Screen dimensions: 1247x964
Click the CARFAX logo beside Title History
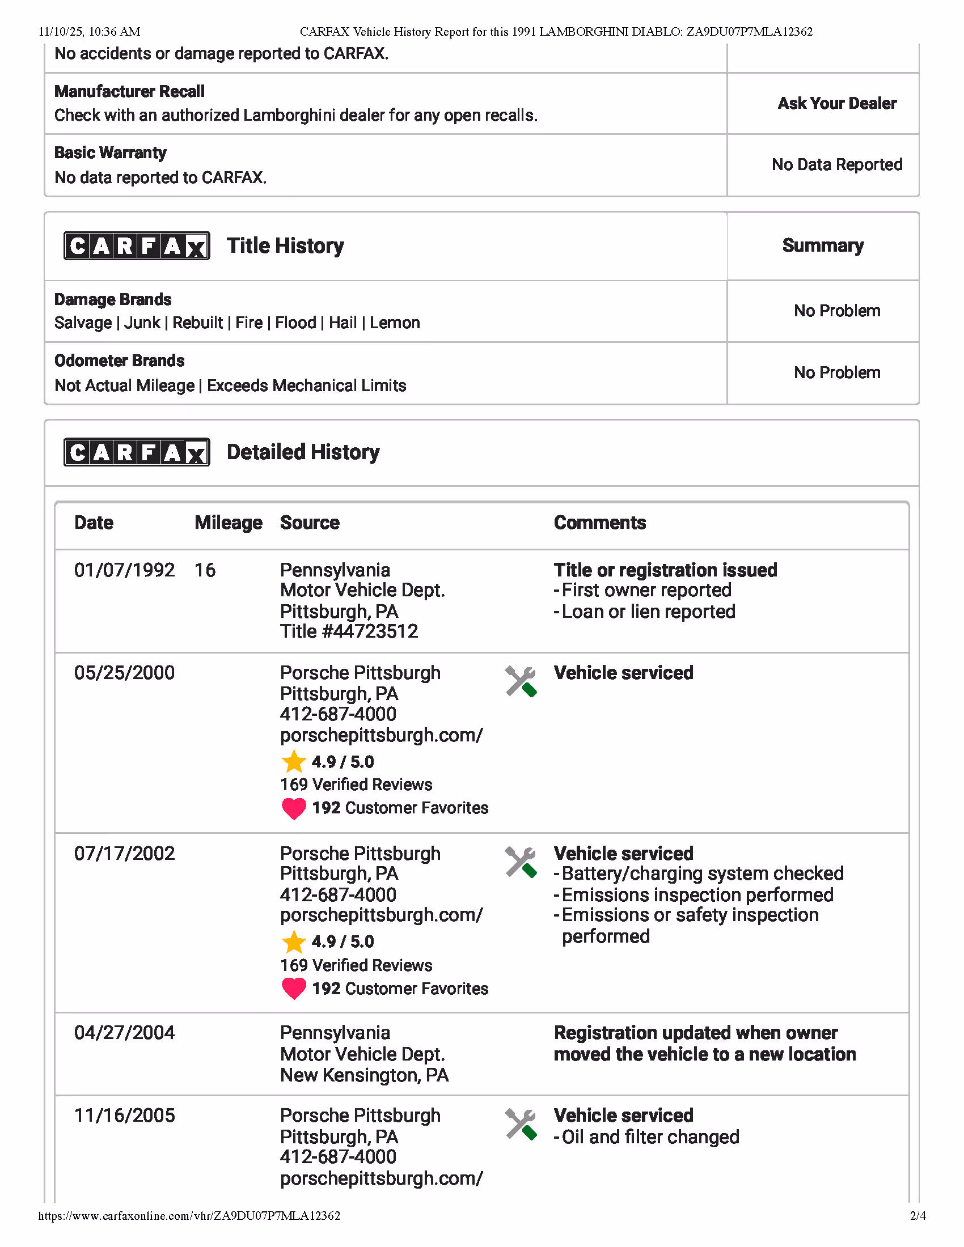coord(137,246)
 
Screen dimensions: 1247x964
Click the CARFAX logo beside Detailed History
coord(137,452)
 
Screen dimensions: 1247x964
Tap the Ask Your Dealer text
coord(836,103)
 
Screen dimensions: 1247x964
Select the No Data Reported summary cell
coord(836,165)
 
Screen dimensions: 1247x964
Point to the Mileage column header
coord(229,523)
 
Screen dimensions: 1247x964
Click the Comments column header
coord(599,523)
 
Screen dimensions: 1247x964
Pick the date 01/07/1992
coord(125,570)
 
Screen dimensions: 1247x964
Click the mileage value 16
coord(205,570)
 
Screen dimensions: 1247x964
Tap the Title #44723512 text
coord(349,631)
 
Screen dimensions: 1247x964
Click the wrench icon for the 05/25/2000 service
coord(521,681)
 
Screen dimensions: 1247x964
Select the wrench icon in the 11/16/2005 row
coord(521,1124)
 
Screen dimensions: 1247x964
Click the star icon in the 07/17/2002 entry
coord(294,942)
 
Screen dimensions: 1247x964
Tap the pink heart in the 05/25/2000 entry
coord(294,808)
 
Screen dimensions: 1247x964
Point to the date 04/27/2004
coord(125,1033)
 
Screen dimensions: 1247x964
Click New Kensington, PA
coord(365,1075)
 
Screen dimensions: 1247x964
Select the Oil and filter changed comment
coord(650,1137)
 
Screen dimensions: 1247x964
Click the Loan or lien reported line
coord(648,612)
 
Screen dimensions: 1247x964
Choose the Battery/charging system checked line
coord(702,873)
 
